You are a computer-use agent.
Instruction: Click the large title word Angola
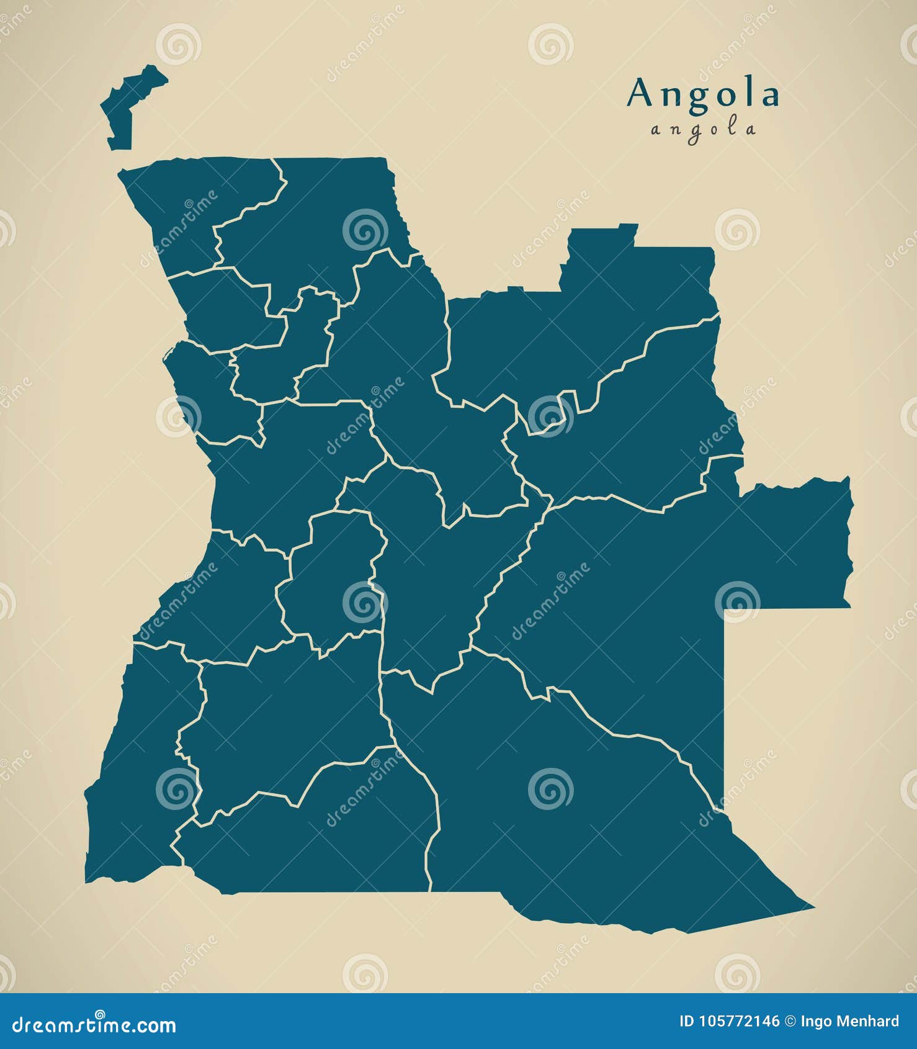click(x=703, y=95)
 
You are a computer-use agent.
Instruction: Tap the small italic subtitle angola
click(x=704, y=130)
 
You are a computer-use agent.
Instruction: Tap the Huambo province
click(x=329, y=577)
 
